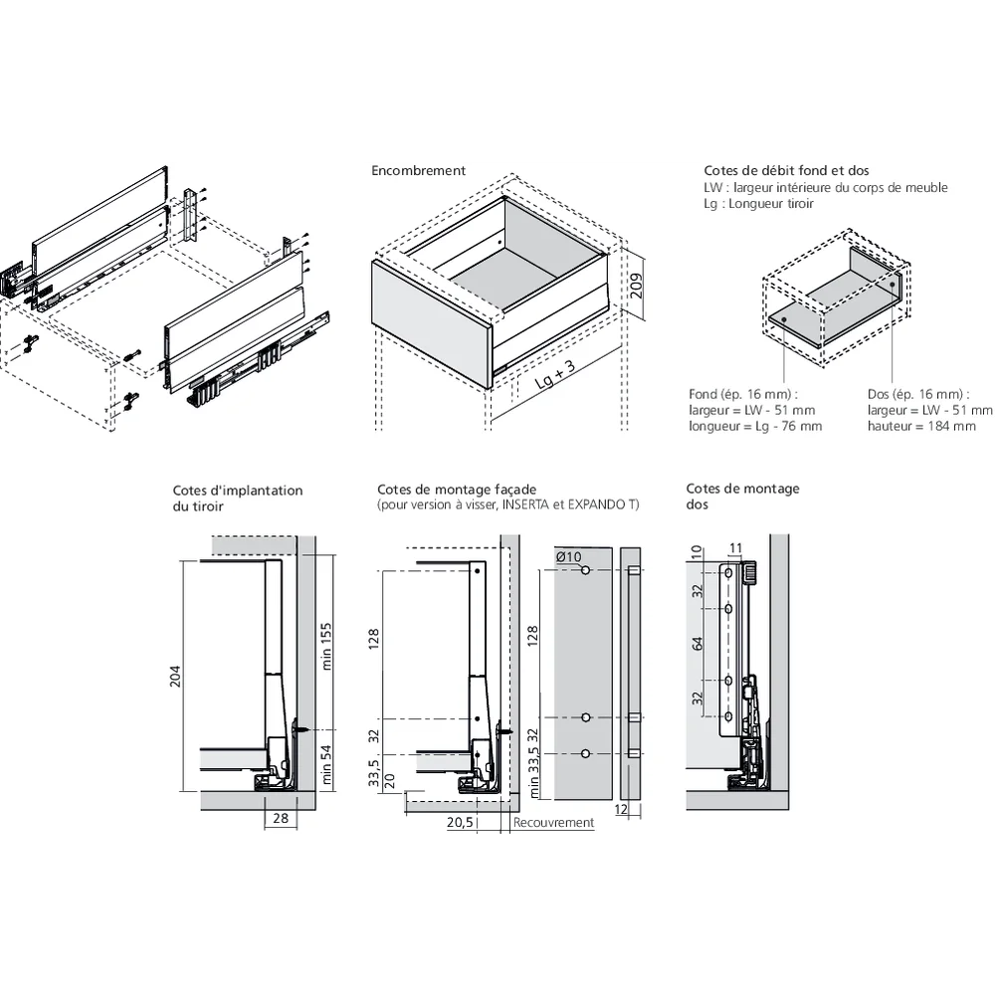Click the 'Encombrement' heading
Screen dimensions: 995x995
(x=418, y=171)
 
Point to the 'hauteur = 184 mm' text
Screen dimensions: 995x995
(x=921, y=426)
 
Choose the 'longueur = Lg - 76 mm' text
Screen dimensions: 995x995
(x=755, y=426)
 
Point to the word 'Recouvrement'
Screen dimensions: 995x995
(x=554, y=823)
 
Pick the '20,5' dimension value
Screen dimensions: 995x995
(x=460, y=823)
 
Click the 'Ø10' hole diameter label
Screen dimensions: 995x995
(x=568, y=556)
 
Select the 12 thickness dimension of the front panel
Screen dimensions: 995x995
(x=621, y=811)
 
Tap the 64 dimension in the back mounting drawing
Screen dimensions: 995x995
(x=697, y=644)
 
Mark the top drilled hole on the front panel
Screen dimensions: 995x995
(x=586, y=570)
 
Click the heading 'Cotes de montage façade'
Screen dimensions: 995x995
(x=457, y=490)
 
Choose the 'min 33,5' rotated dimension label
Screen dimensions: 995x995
(x=534, y=770)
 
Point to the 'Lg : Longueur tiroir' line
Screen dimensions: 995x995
(x=758, y=203)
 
